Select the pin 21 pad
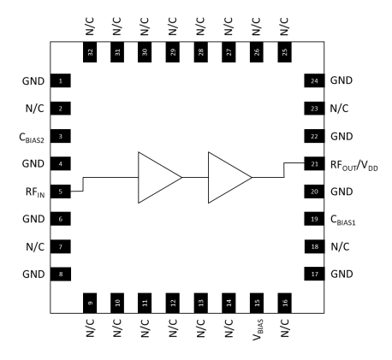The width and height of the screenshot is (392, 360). pyautogui.click(x=314, y=163)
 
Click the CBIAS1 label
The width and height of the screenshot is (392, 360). pyautogui.click(x=348, y=220)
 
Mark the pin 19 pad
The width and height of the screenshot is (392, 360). pyautogui.click(x=314, y=218)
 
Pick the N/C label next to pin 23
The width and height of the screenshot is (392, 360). pyautogui.click(x=340, y=109)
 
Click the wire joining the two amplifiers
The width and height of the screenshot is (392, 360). pyautogui.click(x=194, y=177)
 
